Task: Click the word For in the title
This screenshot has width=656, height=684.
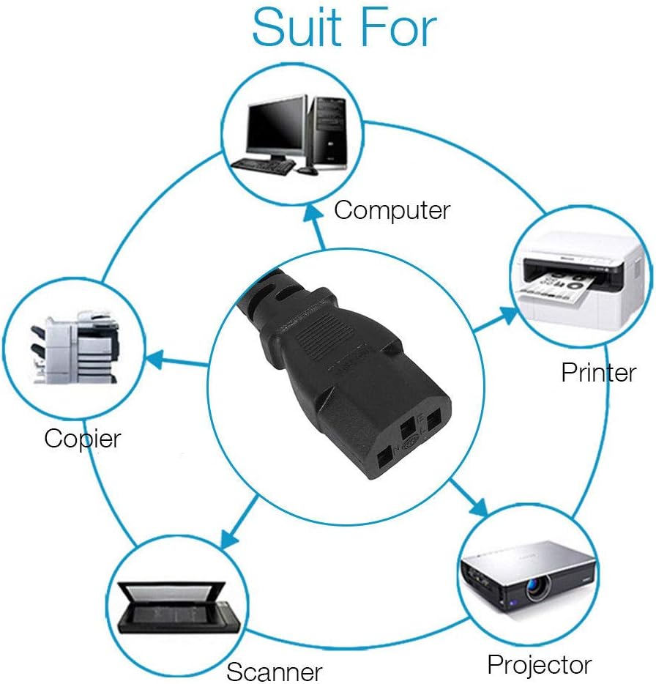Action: (398, 27)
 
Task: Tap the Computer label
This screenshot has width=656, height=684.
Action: (392, 210)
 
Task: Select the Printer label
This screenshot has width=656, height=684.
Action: (598, 373)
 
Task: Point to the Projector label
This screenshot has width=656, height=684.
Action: (540, 664)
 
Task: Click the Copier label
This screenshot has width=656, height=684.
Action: (82, 439)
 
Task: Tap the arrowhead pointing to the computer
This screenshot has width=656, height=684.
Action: (315, 213)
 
